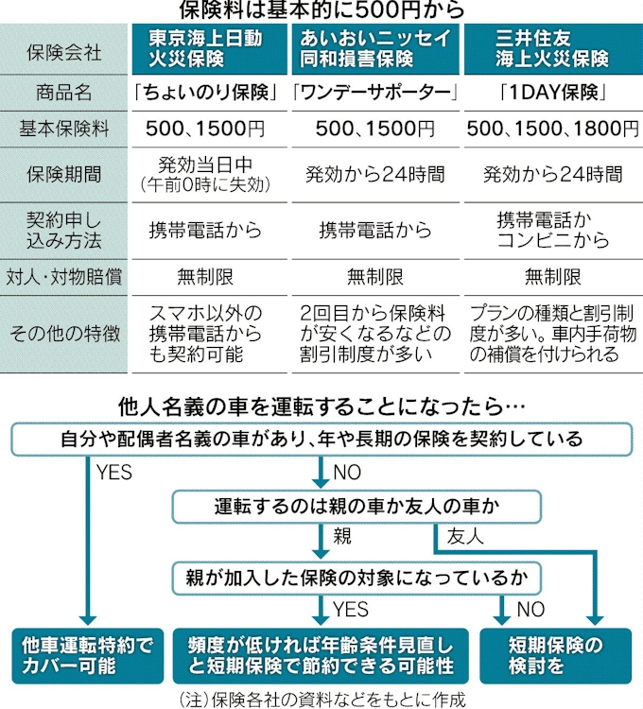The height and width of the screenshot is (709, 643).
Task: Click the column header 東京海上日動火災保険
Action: [209, 49]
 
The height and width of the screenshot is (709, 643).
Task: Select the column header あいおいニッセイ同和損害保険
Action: [375, 49]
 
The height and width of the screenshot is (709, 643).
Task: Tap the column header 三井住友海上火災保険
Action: [553, 49]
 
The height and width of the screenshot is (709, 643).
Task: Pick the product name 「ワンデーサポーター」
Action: [375, 94]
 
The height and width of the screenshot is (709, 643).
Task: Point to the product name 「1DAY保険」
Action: [553, 94]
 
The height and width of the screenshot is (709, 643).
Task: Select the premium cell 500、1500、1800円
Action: [552, 129]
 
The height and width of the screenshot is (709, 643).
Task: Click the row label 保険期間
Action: [63, 175]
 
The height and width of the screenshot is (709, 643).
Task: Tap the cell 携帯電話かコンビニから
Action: [553, 231]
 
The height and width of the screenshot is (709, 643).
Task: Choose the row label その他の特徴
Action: [64, 334]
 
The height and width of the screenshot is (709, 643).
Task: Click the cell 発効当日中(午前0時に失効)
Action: [206, 175]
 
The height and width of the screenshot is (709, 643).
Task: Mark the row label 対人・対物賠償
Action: [63, 277]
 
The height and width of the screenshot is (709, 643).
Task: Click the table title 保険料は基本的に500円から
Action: [321, 10]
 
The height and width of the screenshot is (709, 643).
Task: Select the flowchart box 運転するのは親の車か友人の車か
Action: [356, 507]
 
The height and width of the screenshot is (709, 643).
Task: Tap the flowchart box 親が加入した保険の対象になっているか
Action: [356, 578]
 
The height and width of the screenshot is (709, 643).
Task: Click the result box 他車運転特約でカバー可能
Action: [88, 656]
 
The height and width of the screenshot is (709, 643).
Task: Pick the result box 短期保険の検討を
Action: [556, 656]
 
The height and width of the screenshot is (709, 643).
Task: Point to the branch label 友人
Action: [465, 537]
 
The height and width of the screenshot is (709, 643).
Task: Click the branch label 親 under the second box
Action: [342, 537]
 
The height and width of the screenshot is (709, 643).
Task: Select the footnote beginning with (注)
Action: [321, 700]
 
